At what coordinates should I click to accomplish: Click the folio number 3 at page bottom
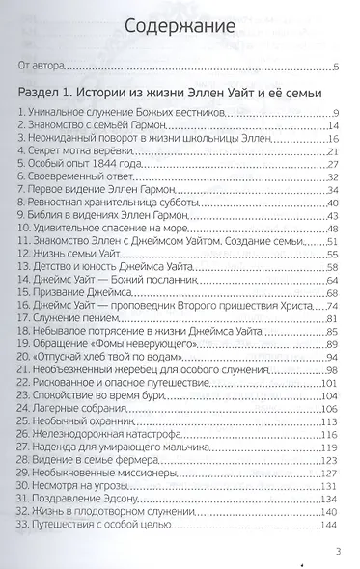pyautogui.click(x=336, y=552)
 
